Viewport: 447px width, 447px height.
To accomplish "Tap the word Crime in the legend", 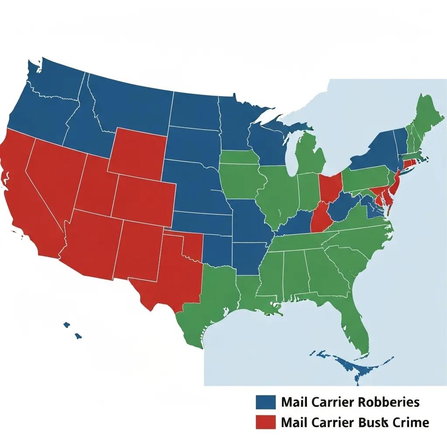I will (410, 422).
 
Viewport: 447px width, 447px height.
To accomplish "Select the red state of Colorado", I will (144, 196).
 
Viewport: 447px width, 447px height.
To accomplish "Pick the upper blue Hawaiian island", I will (67, 325).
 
